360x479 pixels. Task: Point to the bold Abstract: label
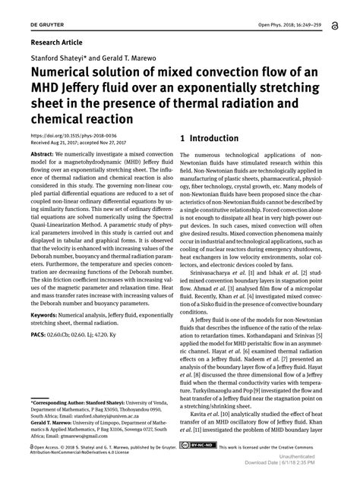coord(43,154)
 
